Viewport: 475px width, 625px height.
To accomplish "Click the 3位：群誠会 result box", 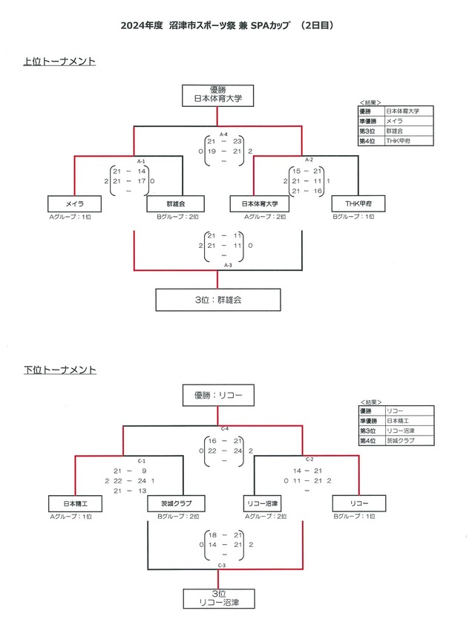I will coord(218,299).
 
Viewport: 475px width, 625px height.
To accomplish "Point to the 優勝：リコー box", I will coord(218,396).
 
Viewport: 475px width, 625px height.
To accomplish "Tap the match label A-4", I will coord(223,134).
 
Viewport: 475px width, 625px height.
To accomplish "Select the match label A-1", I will coord(141,160).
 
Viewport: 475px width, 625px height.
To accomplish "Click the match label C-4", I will coord(223,429).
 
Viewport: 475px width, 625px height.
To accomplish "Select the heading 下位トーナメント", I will coord(59,368).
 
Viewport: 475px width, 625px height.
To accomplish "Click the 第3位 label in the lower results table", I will coord(369,431).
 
